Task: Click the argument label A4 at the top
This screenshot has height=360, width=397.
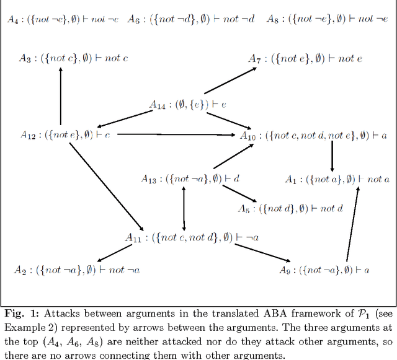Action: pyautogui.click(x=13, y=20)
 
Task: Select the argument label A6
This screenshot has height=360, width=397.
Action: pyautogui.click(x=133, y=20)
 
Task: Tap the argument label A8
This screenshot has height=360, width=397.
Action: pyautogui.click(x=272, y=20)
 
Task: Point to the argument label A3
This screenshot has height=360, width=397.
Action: pyautogui.click(x=25, y=59)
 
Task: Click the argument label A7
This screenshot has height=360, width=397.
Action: pyautogui.click(x=254, y=59)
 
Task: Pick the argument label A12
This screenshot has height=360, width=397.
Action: pyautogui.click(x=28, y=134)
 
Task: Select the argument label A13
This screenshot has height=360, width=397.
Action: pyautogui.click(x=149, y=180)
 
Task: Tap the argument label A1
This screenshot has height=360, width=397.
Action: pyautogui.click(x=290, y=180)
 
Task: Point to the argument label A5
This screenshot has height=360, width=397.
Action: pyautogui.click(x=244, y=209)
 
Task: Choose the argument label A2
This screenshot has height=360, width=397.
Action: pyautogui.click(x=20, y=270)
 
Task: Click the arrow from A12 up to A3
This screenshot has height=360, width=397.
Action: pyautogui.click(x=61, y=96)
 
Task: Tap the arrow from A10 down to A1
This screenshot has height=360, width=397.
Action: pyautogui.click(x=332, y=156)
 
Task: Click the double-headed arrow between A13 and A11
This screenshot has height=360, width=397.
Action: pyautogui.click(x=184, y=208)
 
